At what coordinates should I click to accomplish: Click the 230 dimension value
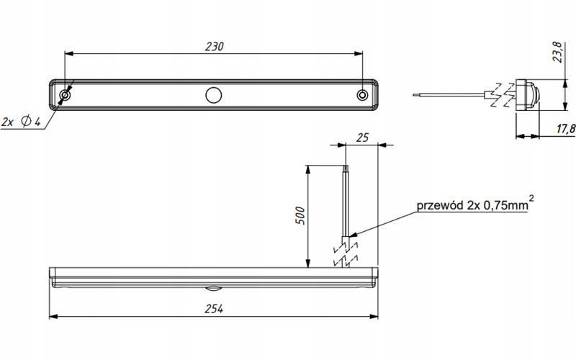point(215,46)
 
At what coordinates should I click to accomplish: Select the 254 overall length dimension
point(214,309)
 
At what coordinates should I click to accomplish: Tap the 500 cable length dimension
point(300,215)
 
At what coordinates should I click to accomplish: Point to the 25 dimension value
point(362,138)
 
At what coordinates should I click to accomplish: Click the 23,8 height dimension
point(557,52)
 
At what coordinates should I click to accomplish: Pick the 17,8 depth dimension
point(566,129)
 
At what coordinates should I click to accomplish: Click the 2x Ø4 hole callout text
point(21,121)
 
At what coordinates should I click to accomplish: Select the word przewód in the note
point(440,205)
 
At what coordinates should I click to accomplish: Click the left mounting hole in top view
point(65,95)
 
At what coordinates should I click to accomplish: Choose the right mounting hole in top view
point(362,95)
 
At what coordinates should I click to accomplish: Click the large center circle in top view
point(213,95)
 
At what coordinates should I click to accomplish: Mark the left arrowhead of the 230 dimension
point(69,53)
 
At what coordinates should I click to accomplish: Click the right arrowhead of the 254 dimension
point(374,316)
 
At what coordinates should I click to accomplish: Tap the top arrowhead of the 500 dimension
point(308,170)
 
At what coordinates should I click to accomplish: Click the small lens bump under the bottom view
point(213,288)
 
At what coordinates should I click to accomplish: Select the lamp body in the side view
point(528,95)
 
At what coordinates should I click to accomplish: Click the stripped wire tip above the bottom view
point(346,169)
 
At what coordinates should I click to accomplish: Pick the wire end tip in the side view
point(415,95)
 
